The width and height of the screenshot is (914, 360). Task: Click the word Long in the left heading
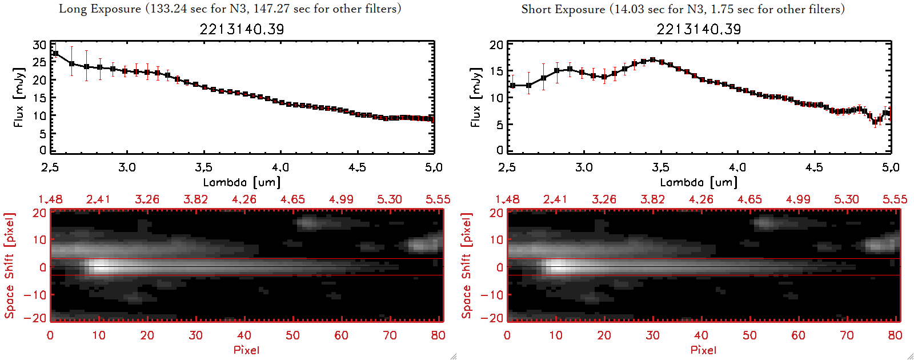(71, 9)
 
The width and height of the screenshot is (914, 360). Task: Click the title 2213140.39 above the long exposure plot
(242, 29)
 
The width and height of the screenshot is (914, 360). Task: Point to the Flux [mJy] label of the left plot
(19, 97)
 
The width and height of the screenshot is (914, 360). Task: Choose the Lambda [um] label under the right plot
(699, 182)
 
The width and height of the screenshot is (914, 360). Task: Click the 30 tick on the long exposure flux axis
(39, 45)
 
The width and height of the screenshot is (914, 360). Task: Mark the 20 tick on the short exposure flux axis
(496, 45)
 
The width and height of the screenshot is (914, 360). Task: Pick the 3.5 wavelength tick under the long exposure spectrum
(203, 167)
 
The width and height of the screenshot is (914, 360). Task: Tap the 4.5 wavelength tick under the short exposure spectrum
(814, 167)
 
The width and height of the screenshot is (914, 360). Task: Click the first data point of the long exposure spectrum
(55, 54)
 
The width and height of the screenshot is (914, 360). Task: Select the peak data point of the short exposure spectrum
(652, 59)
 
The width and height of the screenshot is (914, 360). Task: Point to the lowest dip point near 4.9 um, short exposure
(875, 122)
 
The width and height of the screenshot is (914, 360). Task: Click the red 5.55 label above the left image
(438, 199)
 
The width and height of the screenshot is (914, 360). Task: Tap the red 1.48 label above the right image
(507, 199)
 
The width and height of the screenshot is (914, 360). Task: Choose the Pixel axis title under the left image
(246, 350)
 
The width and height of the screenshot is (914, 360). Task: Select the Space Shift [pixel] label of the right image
(467, 266)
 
